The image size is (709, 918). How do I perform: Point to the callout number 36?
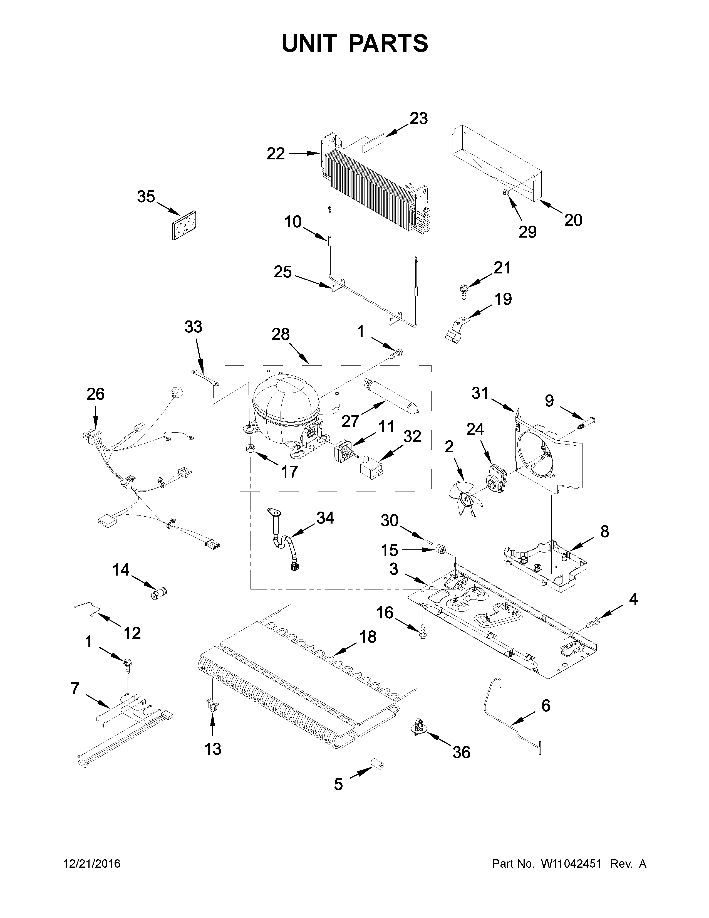[x=461, y=752]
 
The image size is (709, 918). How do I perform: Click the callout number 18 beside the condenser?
[x=368, y=637]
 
